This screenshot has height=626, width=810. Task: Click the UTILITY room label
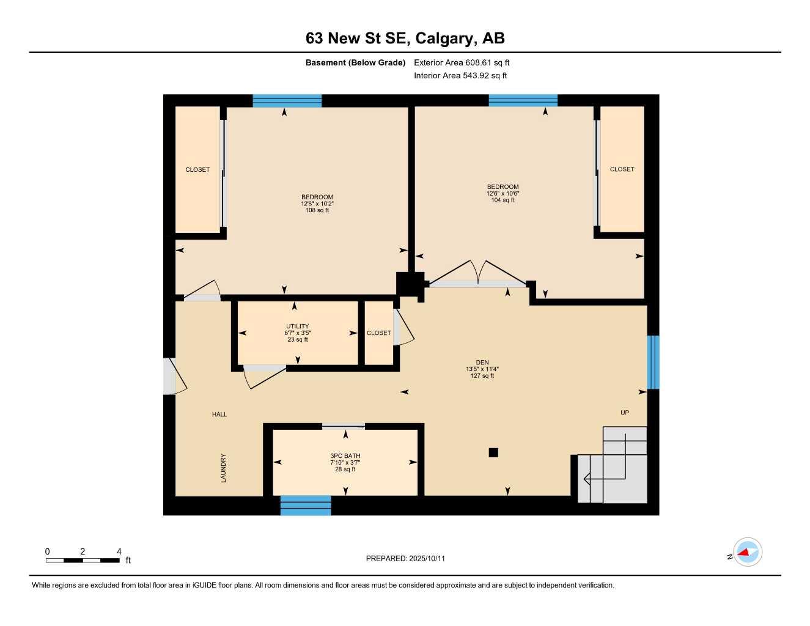[298, 326]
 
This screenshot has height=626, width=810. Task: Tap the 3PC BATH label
[345, 456]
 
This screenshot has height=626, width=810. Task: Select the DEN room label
[482, 363]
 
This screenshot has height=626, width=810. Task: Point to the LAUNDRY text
[223, 468]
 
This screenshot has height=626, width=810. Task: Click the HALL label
[219, 414]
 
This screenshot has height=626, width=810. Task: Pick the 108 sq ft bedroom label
[317, 197]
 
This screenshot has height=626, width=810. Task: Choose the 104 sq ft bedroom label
[503, 187]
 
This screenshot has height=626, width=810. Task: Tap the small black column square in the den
[493, 452]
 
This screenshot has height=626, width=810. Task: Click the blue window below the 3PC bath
[306, 506]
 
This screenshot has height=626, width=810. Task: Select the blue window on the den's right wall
[653, 362]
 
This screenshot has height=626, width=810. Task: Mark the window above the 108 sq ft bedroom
[287, 101]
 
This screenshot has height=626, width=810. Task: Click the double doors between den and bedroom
[477, 275]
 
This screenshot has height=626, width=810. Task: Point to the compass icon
[747, 553]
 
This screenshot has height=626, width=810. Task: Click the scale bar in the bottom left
[83, 560]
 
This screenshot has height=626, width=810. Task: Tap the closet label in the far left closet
[197, 170]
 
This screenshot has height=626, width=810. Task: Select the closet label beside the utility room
[378, 333]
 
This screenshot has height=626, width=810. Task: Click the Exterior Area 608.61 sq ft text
[462, 62]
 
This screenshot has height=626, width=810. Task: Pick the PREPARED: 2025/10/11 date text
[405, 558]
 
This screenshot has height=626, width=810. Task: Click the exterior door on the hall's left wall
[171, 376]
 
